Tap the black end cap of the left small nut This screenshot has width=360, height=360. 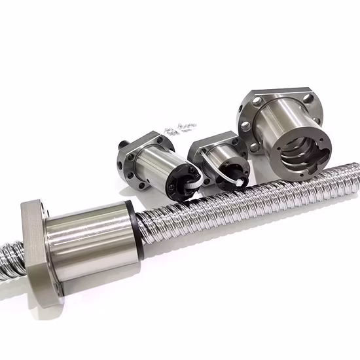181,180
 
